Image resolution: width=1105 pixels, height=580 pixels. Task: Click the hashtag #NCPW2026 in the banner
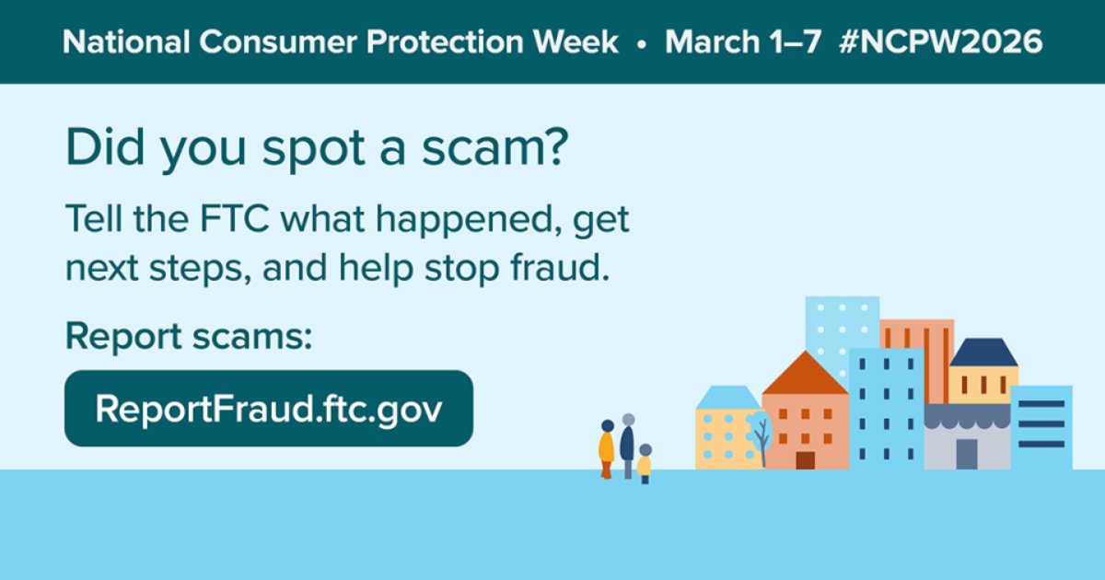(x=942, y=42)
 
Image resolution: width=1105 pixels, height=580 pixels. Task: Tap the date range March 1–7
(x=742, y=42)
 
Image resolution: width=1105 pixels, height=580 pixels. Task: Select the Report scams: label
(x=189, y=338)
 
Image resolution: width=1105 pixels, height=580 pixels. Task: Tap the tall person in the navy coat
(x=628, y=444)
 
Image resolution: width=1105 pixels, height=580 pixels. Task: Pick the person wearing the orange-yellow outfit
(x=606, y=448)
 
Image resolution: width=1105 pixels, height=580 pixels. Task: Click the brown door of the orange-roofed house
(x=805, y=459)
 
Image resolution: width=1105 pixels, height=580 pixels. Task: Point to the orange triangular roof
(x=805, y=375)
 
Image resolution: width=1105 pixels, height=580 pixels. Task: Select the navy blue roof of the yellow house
(x=983, y=353)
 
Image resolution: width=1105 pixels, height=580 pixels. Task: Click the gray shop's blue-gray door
(x=966, y=454)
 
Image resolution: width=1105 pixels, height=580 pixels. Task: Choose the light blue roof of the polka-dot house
(x=727, y=398)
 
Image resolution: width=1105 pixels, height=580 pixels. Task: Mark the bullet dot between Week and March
(x=642, y=43)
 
